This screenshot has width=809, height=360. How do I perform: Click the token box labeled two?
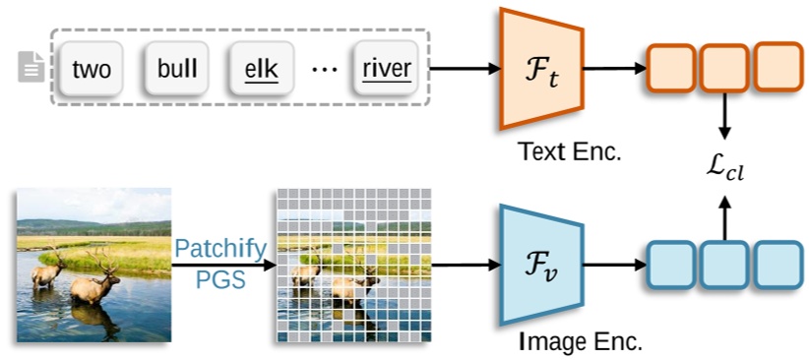click(91, 69)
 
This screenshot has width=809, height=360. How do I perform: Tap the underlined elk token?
click(262, 69)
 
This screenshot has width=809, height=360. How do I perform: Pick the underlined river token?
click(386, 69)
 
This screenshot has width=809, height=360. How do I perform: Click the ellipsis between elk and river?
click(323, 70)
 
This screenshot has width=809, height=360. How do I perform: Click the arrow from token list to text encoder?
click(465, 69)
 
